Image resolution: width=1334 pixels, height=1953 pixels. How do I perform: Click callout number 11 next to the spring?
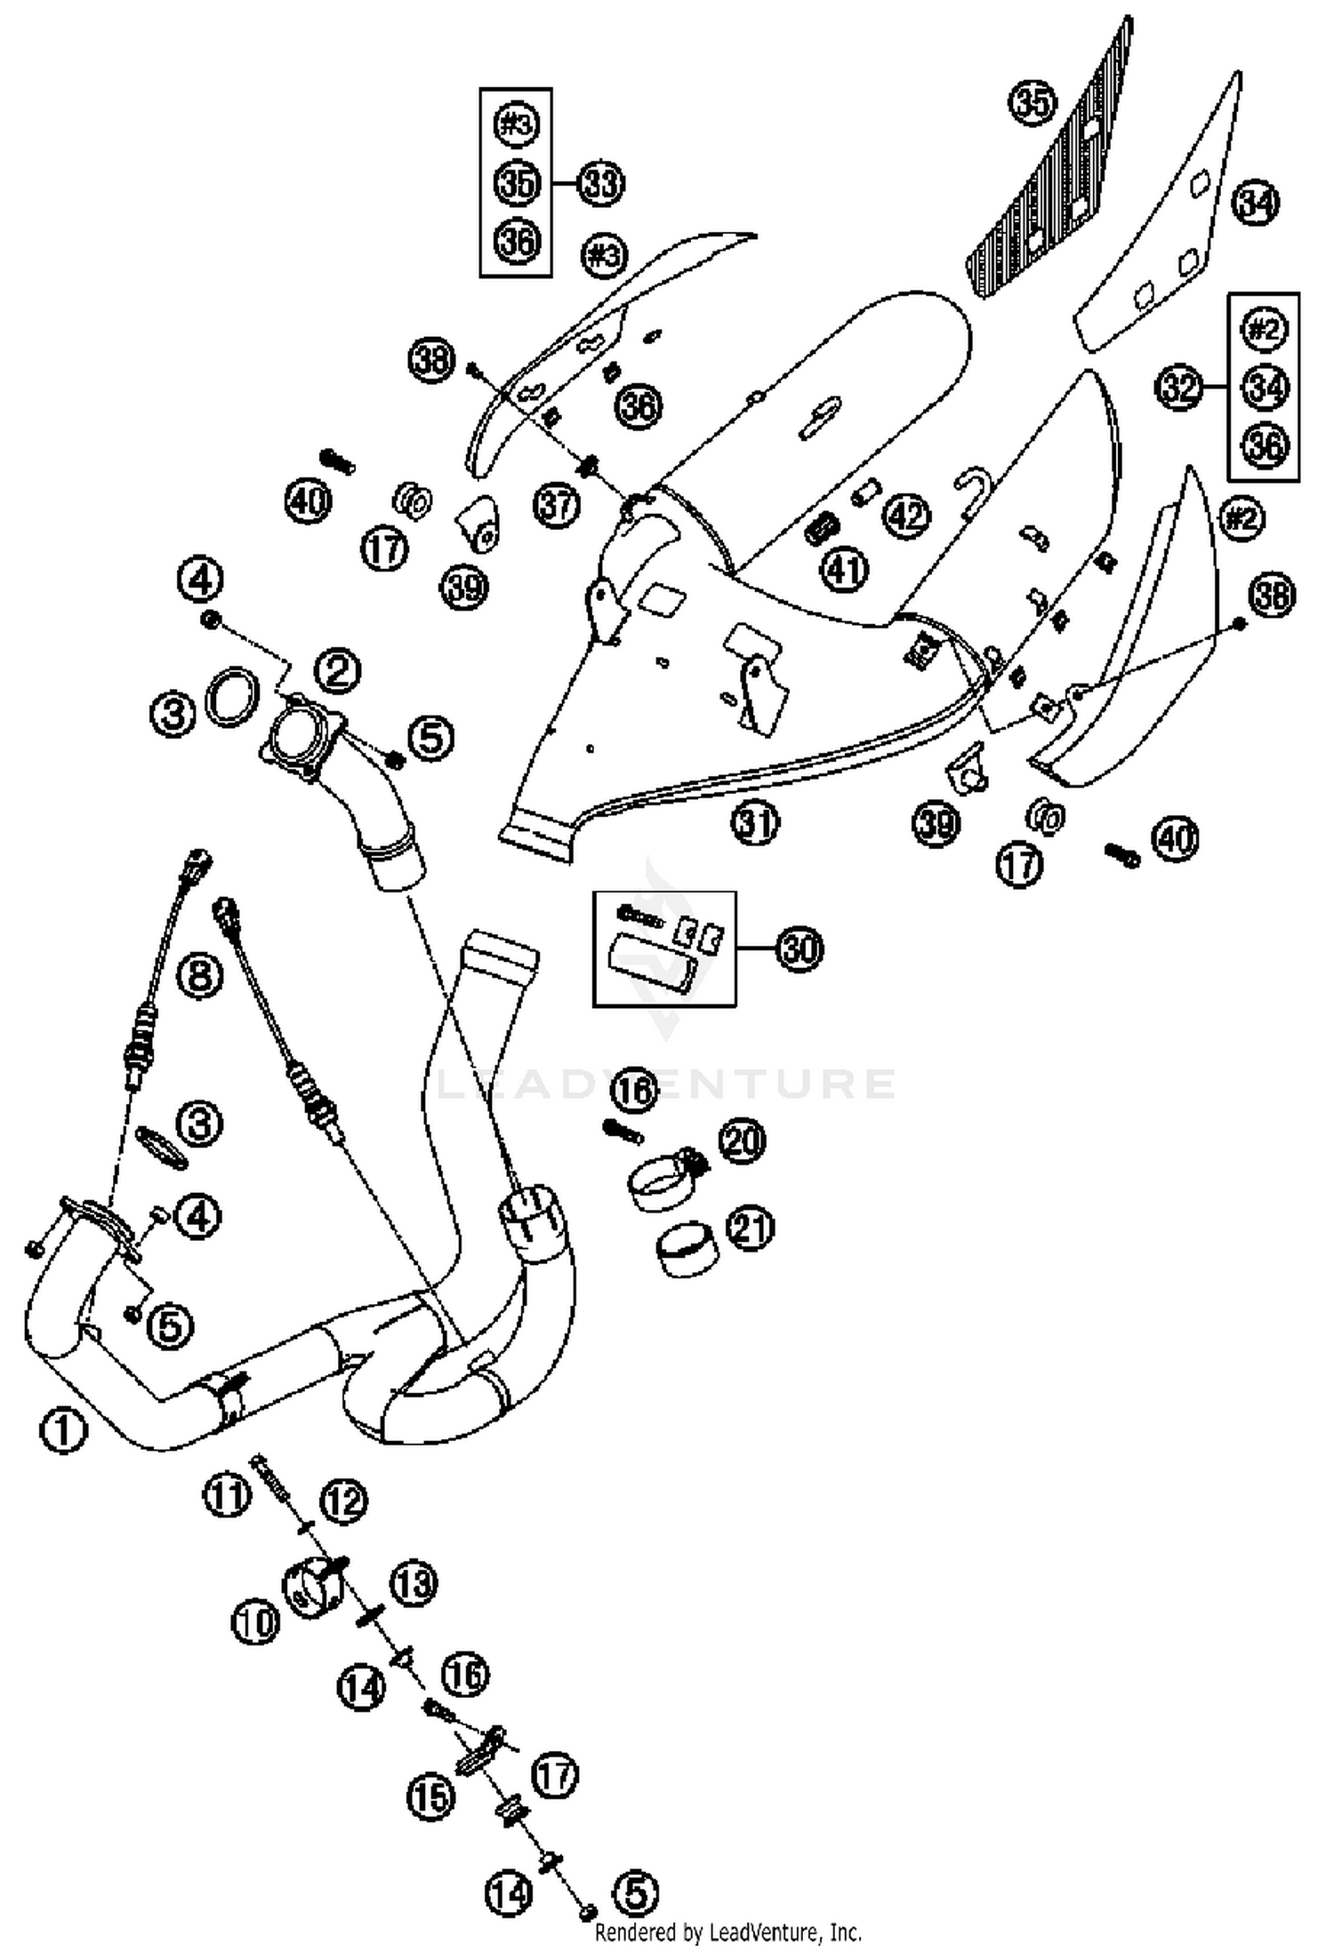[x=226, y=1495]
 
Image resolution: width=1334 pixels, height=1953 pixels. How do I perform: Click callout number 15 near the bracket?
[x=431, y=1798]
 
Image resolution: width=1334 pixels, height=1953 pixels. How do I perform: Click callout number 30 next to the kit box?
[x=800, y=949]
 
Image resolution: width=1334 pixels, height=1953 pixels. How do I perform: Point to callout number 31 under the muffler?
[x=755, y=823]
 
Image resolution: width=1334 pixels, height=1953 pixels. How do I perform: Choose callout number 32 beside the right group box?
[x=1179, y=388]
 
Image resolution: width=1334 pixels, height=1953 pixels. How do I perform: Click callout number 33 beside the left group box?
[x=601, y=183]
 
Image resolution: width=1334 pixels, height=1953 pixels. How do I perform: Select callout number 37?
[x=557, y=506]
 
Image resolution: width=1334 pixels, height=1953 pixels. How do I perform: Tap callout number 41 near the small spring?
[x=844, y=569]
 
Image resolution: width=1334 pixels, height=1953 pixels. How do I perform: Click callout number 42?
[x=906, y=516]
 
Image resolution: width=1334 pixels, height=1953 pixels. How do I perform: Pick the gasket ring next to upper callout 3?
[x=234, y=694]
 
